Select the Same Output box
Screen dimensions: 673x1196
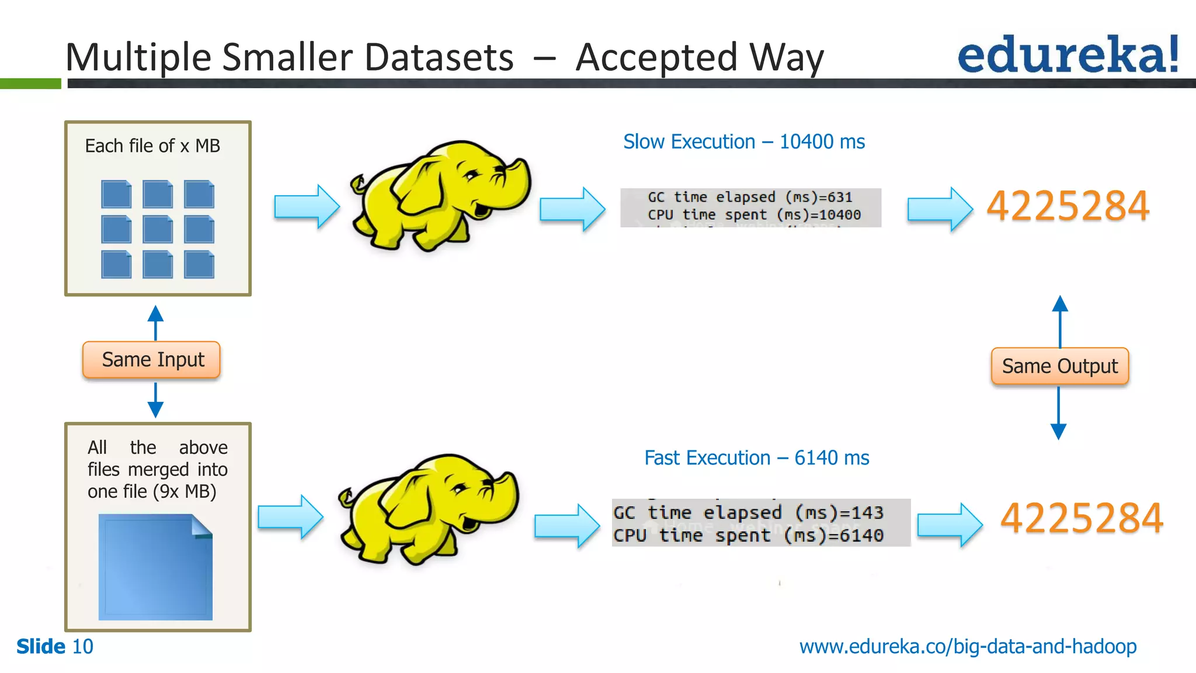click(1059, 366)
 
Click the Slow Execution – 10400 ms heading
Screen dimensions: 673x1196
click(743, 142)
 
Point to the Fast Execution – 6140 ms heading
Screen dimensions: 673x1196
click(756, 458)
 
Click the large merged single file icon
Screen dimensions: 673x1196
click(155, 567)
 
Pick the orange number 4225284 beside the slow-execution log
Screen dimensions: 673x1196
click(1068, 206)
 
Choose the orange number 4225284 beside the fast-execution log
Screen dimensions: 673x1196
click(1082, 518)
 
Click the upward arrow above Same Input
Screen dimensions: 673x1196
click(155, 321)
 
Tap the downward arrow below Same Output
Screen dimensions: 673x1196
click(1058, 415)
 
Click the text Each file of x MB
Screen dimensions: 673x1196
click(152, 146)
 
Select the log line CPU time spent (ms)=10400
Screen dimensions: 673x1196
click(753, 215)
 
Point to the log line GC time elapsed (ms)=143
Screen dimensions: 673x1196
click(747, 512)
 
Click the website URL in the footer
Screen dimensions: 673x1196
click(968, 647)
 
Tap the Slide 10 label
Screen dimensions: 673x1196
click(55, 647)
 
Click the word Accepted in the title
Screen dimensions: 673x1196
click(656, 57)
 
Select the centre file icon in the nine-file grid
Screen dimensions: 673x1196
click(158, 229)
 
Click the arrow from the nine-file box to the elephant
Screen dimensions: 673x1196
click(307, 206)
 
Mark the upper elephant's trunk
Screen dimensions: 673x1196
click(517, 175)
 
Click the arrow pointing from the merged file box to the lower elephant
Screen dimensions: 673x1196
click(290, 516)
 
